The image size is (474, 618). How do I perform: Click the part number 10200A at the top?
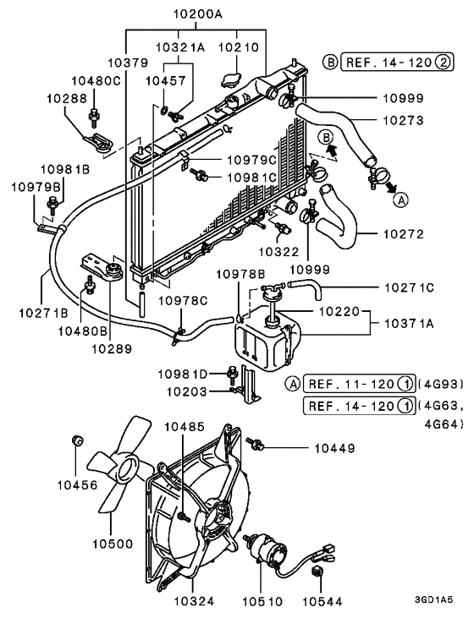[x=198, y=14]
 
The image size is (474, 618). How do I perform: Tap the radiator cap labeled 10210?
[x=230, y=79]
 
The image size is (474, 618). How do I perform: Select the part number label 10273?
[x=403, y=120]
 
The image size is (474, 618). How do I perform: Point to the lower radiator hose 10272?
[x=339, y=221]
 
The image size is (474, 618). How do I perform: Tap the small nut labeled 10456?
[x=77, y=440]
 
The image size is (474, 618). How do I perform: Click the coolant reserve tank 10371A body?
[x=267, y=340]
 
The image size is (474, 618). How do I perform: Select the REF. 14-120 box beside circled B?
[x=398, y=62]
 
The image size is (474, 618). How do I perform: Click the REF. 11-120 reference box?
[x=359, y=384]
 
